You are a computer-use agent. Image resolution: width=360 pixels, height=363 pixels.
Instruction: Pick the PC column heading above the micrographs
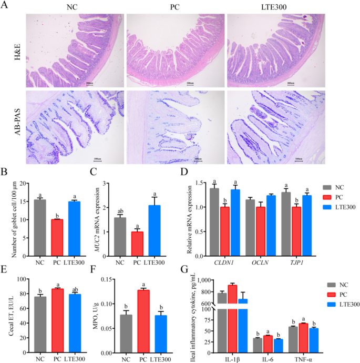click(x=175, y=7)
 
